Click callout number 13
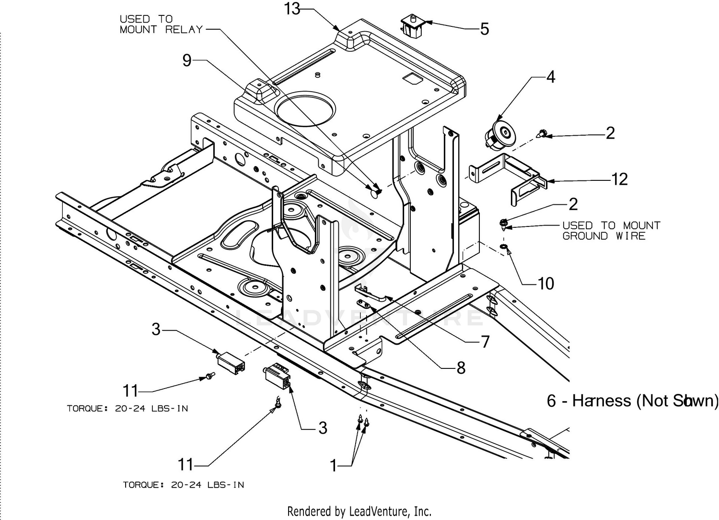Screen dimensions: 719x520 [x=292, y=9]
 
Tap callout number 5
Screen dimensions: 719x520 [x=485, y=29]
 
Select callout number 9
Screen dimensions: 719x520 [x=187, y=60]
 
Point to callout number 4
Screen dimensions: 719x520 [x=551, y=77]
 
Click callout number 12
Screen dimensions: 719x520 [x=620, y=179]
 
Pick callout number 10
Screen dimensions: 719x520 [x=545, y=284]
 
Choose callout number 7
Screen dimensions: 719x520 [x=485, y=342]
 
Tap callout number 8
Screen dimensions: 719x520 [x=461, y=368]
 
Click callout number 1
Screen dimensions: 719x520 [x=334, y=465]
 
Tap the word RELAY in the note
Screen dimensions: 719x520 [x=184, y=30]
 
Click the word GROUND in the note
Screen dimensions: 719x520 [x=585, y=236]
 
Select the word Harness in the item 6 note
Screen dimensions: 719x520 [x=602, y=401]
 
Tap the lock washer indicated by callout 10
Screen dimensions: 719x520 [x=503, y=247]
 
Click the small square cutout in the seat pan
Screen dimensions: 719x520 [x=411, y=79]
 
